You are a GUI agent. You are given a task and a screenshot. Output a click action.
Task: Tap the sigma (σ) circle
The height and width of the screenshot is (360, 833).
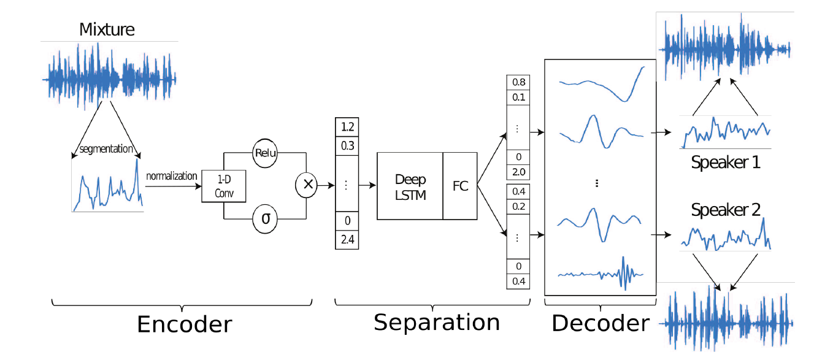(264, 218)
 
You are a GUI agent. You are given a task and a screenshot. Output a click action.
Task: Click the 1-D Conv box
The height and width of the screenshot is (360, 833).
(223, 186)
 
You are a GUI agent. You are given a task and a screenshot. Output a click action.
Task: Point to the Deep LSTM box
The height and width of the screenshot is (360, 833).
(410, 186)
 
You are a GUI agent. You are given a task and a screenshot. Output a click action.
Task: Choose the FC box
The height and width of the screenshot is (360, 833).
(460, 186)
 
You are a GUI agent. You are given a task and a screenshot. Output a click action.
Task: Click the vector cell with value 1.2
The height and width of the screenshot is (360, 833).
(347, 127)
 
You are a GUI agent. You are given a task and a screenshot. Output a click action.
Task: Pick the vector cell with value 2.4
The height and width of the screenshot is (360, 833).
(347, 240)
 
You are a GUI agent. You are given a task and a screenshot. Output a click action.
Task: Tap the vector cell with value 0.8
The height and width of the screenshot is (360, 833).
(518, 83)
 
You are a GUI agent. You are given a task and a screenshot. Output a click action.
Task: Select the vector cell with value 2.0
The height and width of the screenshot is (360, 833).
(518, 172)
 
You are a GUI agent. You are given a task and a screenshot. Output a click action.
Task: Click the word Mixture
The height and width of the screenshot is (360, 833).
(107, 29)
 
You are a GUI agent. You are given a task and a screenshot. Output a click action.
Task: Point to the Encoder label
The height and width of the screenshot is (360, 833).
(184, 324)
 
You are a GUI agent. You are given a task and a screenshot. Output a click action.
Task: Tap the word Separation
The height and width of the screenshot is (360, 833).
(437, 321)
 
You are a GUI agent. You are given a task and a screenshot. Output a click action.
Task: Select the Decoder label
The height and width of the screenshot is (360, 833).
(601, 323)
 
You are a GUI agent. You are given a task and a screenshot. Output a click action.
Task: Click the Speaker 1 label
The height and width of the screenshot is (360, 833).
(726, 163)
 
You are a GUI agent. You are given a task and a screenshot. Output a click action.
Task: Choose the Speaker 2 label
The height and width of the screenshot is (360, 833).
(726, 210)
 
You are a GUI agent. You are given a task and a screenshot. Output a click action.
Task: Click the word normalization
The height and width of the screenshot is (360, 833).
(172, 176)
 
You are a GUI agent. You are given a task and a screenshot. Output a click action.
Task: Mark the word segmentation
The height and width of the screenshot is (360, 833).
(106, 149)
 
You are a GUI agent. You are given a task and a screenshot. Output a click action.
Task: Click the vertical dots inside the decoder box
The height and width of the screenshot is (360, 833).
(596, 184)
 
